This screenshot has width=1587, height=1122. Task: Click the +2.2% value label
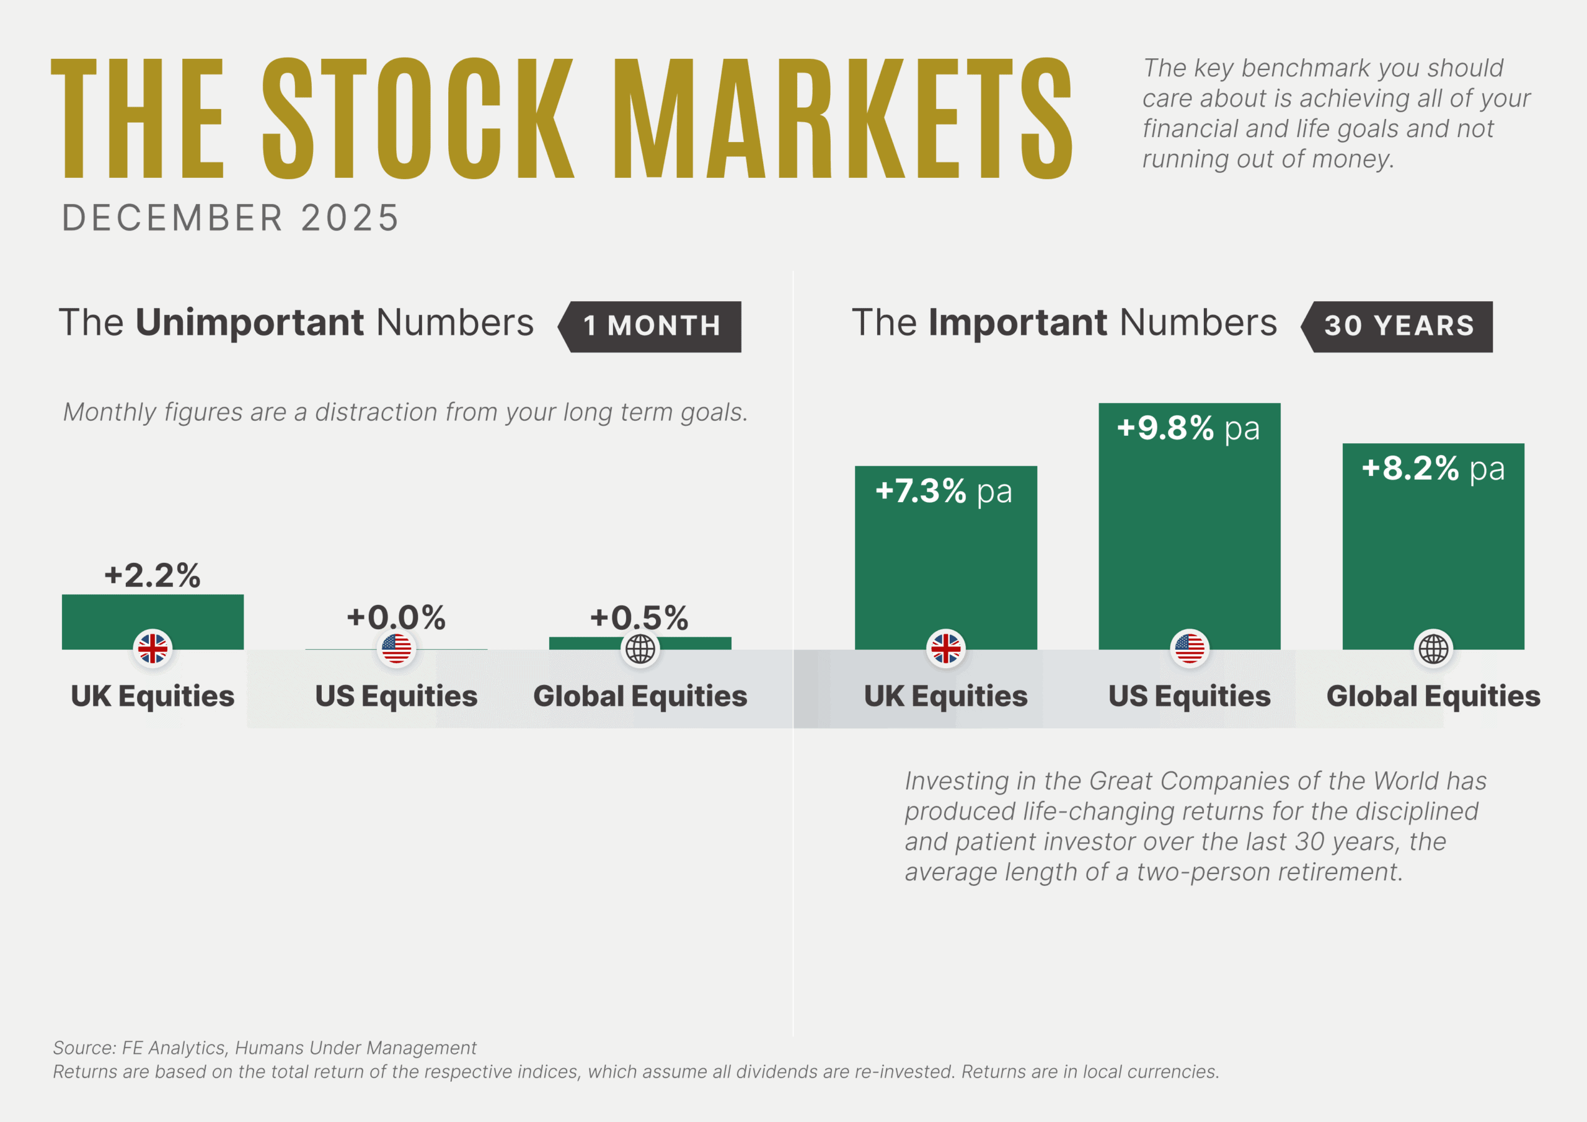(152, 575)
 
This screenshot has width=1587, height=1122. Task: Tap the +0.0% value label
(396, 617)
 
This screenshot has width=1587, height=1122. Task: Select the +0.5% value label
(639, 617)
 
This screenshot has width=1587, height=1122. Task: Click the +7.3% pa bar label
(944, 492)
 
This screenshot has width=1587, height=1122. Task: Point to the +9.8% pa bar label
(1188, 428)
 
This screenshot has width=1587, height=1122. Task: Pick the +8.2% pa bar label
(1433, 469)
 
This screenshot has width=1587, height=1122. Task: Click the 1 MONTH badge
(651, 326)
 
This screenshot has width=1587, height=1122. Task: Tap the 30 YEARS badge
(1399, 326)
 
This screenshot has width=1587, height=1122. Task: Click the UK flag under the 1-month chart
(153, 648)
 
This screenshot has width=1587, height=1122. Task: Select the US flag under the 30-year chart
(1190, 648)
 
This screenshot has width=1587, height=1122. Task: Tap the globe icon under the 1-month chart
(640, 648)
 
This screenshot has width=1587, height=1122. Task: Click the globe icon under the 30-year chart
(1433, 648)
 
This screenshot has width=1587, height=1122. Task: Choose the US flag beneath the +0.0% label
(396, 648)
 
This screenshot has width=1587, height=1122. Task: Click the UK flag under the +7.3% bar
(945, 648)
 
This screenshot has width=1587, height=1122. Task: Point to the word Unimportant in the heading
(250, 323)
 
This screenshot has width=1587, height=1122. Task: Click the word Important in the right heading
(1018, 323)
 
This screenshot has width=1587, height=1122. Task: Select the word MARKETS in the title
(842, 119)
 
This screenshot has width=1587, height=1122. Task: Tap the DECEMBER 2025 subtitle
(231, 218)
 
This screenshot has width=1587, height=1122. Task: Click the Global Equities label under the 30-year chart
(1433, 696)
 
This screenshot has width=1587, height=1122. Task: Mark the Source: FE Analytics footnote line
(265, 1048)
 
